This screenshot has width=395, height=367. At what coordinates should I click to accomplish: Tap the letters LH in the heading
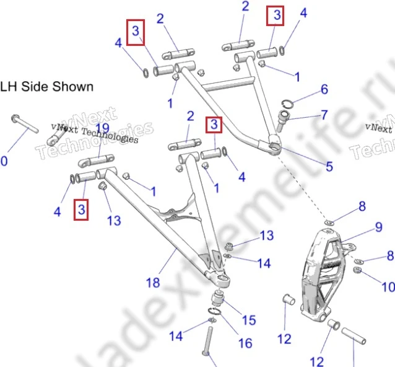[x=9, y=86]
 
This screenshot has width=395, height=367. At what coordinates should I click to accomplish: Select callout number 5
[x=329, y=166]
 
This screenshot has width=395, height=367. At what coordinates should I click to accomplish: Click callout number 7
[x=324, y=115]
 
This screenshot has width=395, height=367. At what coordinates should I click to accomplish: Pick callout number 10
[x=388, y=287]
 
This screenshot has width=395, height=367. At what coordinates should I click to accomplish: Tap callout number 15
[x=248, y=320]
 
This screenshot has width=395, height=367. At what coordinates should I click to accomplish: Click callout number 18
[x=153, y=283]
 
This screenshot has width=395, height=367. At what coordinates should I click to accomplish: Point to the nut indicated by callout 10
[x=358, y=270]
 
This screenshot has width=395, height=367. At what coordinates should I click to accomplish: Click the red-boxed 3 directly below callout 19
[x=81, y=210]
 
